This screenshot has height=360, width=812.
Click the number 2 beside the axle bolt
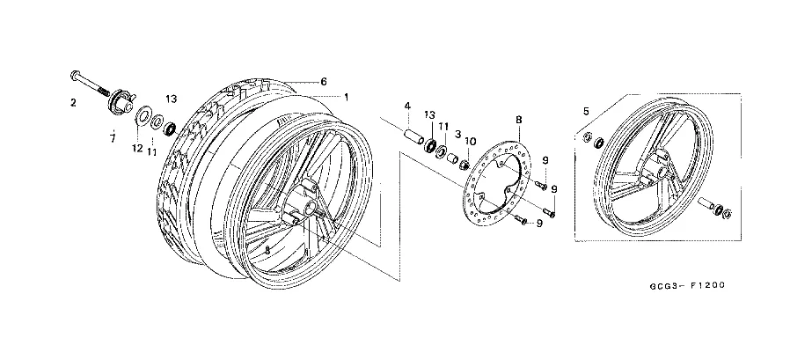point(74,103)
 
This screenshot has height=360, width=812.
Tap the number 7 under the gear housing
point(112,138)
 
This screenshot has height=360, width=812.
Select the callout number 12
point(137,149)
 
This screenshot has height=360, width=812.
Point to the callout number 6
point(324,81)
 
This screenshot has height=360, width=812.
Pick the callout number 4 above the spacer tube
point(407,107)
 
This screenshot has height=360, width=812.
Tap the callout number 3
point(457,134)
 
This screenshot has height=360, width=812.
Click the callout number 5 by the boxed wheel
point(586,111)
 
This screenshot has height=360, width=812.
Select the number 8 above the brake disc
point(518,119)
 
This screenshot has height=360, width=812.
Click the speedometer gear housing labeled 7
point(116,105)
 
